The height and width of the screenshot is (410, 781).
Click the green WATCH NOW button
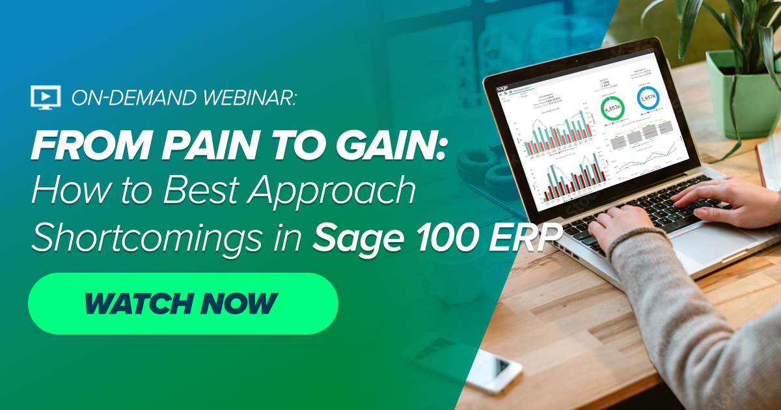[x=182, y=303]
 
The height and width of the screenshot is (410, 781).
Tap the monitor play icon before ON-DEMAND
[x=46, y=97]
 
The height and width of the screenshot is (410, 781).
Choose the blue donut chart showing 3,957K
[x=649, y=98]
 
